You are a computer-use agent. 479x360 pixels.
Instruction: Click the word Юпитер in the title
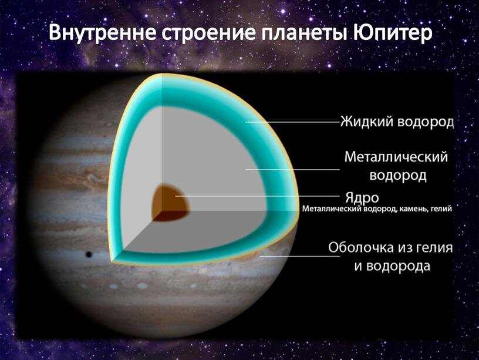pos(393,32)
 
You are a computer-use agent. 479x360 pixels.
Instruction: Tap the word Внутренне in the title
pos(103,32)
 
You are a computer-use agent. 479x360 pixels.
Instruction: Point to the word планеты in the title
pos(305,33)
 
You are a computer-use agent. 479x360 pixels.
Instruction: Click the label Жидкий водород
pos(397,122)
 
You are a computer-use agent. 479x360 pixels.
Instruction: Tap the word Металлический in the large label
pos(396,157)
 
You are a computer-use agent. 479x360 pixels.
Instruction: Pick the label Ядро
pos(362,198)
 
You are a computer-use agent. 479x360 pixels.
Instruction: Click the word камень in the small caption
pos(411,209)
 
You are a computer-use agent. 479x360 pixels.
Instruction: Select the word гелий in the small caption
pos(439,209)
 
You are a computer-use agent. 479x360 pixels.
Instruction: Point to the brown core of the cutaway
pos(170,202)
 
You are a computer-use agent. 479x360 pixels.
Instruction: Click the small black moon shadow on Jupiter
pos(89,254)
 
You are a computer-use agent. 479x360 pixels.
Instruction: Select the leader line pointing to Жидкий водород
pos(292,122)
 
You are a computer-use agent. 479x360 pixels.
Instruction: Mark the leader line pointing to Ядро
pos(257,196)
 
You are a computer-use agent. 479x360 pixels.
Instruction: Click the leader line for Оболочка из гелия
pos(299,256)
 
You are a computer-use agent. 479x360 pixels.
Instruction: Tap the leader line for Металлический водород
pos(292,169)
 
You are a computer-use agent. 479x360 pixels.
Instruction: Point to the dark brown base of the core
pos(170,216)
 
